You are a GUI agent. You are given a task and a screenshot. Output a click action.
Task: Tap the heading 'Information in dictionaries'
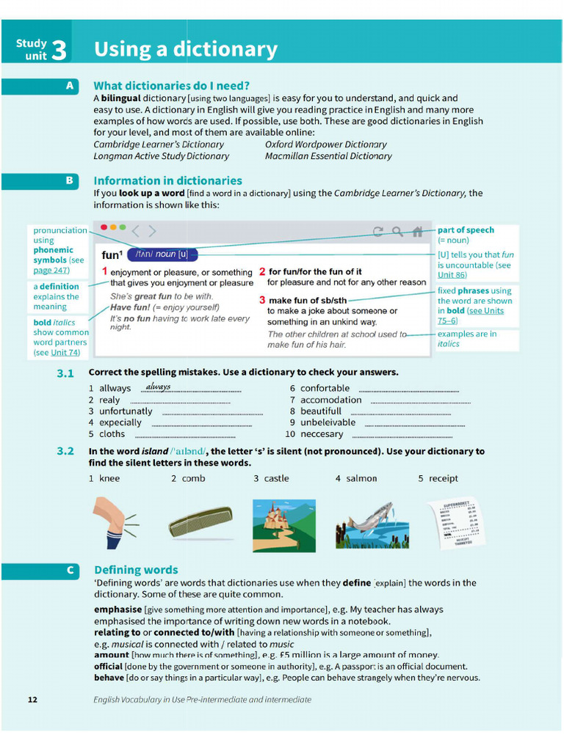click(167, 180)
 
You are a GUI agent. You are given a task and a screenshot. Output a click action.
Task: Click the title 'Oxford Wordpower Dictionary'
click(325, 144)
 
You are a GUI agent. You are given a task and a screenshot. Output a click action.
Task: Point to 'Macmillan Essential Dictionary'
click(328, 155)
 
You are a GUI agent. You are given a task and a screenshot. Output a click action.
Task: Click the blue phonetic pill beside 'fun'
click(162, 254)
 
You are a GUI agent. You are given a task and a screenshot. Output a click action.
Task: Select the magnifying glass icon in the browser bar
click(397, 232)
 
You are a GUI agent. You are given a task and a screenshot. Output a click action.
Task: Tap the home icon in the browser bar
click(417, 232)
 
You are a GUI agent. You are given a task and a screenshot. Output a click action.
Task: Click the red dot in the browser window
click(104, 228)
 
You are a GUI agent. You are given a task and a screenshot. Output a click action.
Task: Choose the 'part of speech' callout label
click(466, 230)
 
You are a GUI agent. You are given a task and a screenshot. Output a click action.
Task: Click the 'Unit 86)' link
click(452, 275)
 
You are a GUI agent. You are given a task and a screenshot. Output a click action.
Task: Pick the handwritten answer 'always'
click(158, 387)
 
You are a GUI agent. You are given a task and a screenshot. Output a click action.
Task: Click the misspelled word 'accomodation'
click(330, 400)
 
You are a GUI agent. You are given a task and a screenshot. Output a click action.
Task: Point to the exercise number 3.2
click(65, 451)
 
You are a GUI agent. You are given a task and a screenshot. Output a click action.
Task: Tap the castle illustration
click(283, 524)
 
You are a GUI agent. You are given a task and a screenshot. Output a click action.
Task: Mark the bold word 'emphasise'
click(117, 609)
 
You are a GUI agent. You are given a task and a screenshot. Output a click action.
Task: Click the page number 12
click(32, 700)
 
